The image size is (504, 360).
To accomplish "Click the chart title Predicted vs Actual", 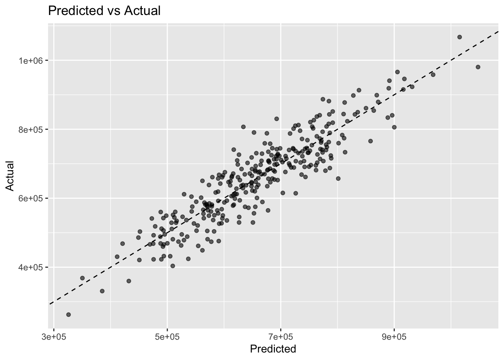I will point(104,11).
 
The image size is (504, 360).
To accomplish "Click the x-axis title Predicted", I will point(273,349).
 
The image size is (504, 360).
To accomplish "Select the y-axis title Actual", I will point(10,176).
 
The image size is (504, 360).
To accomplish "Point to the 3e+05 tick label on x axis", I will point(54,337).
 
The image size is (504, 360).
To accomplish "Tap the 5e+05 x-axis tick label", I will point(167,337).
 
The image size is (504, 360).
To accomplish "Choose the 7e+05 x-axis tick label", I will point(280,337).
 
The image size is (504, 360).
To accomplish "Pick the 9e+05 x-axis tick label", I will point(394,337).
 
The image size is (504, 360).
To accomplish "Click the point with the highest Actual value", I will point(459,37).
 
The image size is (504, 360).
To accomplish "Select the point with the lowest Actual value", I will point(69,315).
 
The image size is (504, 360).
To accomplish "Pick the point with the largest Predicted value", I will point(478,67).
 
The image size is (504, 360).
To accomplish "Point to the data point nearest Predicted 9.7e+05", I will point(433,75).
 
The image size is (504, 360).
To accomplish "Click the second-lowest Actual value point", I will point(102,291).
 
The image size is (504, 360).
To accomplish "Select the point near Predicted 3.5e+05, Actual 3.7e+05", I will point(82,278).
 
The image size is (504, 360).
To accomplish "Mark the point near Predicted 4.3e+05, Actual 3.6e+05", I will point(129,281).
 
